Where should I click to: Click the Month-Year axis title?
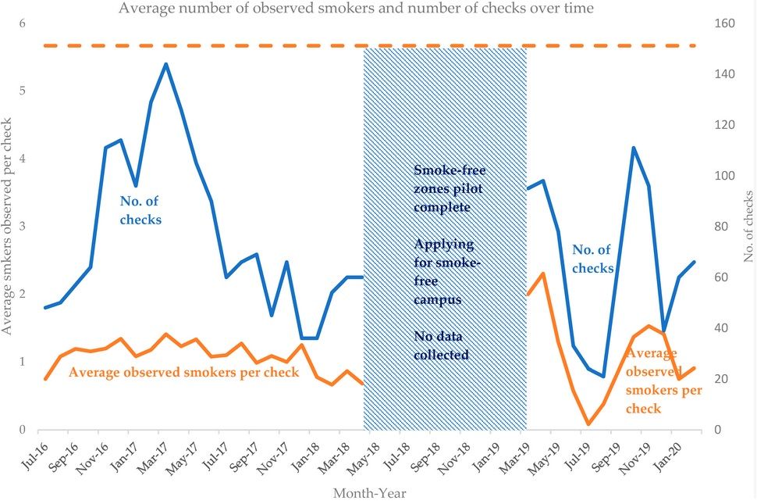(369, 493)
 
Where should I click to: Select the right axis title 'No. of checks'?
(748, 227)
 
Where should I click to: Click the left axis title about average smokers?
(8, 227)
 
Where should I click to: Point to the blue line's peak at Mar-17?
(166, 64)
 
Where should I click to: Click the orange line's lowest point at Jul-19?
(588, 424)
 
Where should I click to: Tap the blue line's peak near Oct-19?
(634, 148)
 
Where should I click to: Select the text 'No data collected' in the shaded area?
(441, 345)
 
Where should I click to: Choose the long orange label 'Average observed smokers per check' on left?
(184, 373)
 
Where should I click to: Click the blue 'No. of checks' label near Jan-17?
(141, 210)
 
